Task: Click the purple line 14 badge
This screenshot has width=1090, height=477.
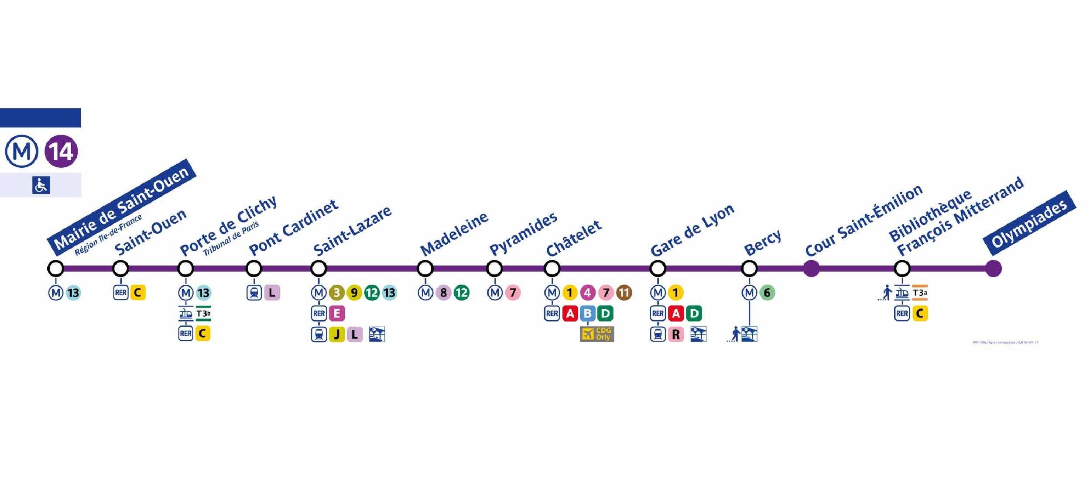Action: click(x=61, y=152)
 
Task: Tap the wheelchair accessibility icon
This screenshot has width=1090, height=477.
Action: click(x=41, y=185)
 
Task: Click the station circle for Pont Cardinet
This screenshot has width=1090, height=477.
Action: click(x=254, y=268)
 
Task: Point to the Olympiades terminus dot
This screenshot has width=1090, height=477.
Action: click(x=994, y=268)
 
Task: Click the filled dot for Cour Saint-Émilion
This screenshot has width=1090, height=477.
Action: click(x=811, y=268)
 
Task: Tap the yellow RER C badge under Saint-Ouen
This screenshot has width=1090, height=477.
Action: click(x=137, y=293)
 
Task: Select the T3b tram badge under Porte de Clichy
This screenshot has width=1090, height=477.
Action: click(x=203, y=314)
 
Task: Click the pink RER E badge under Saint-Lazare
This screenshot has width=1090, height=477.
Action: click(x=337, y=313)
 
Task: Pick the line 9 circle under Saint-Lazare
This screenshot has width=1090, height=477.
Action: click(x=354, y=293)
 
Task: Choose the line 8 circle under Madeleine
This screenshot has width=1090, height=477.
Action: click(x=443, y=293)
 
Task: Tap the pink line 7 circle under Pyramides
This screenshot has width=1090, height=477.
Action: click(x=513, y=293)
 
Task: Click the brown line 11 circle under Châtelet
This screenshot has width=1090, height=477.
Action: click(x=624, y=293)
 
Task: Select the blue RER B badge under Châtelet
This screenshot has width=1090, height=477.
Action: click(x=587, y=313)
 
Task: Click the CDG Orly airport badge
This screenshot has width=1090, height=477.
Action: click(x=597, y=334)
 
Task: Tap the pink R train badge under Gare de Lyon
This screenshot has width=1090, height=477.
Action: click(x=676, y=335)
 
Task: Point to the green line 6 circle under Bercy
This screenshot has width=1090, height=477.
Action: click(x=767, y=293)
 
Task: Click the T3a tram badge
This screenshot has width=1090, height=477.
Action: click(x=919, y=293)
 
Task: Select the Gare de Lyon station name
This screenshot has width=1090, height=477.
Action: click(x=692, y=230)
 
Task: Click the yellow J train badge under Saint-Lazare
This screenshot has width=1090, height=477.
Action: click(x=336, y=335)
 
